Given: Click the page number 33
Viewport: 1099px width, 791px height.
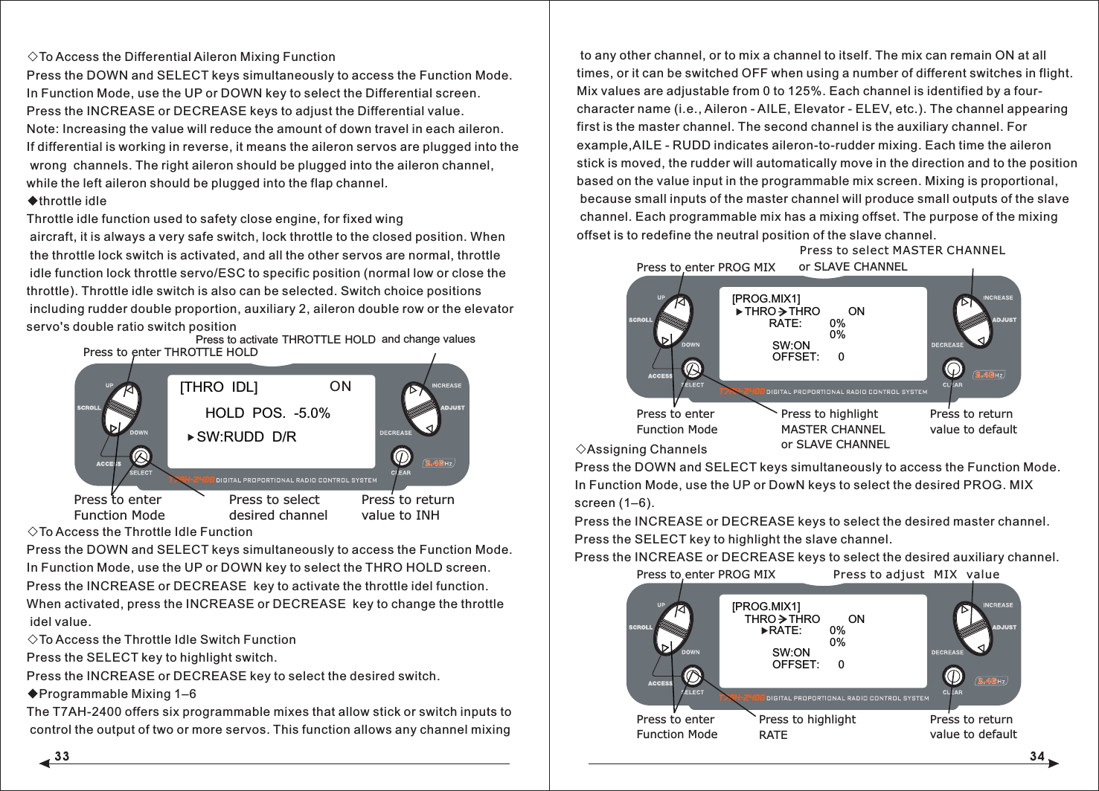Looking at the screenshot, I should [x=62, y=756].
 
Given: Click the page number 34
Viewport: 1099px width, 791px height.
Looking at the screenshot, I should [x=1036, y=756].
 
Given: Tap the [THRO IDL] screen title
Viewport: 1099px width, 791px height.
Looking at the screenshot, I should [x=219, y=387].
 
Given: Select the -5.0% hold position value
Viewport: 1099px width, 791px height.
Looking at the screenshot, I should [x=312, y=413].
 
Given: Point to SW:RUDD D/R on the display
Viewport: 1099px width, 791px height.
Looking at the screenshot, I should [x=246, y=437].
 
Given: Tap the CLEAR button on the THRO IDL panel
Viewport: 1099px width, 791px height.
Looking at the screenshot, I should [x=401, y=456].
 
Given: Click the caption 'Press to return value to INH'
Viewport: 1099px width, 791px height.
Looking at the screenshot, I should [x=407, y=508].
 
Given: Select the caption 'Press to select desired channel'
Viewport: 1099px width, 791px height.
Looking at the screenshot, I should [x=278, y=508].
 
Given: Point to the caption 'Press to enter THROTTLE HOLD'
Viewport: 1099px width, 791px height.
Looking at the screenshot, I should [x=170, y=352].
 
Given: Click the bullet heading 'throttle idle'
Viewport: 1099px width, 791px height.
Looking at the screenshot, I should [x=72, y=201].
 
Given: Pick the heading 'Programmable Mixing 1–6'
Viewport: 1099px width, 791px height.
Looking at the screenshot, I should [x=117, y=694].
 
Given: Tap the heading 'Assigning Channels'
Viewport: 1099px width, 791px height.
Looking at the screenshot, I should [x=646, y=450].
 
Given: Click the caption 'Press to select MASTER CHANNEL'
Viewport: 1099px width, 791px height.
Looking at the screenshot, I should [x=901, y=251].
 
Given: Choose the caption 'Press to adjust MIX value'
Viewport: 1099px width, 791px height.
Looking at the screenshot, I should [x=916, y=575].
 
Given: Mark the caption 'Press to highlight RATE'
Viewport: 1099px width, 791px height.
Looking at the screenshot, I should [x=807, y=727].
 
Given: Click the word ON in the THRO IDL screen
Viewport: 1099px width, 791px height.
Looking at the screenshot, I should [x=340, y=387].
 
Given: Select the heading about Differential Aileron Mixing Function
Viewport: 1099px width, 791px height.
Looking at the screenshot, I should [x=186, y=57].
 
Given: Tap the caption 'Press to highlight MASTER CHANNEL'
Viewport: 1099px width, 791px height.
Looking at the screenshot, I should [x=834, y=429].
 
